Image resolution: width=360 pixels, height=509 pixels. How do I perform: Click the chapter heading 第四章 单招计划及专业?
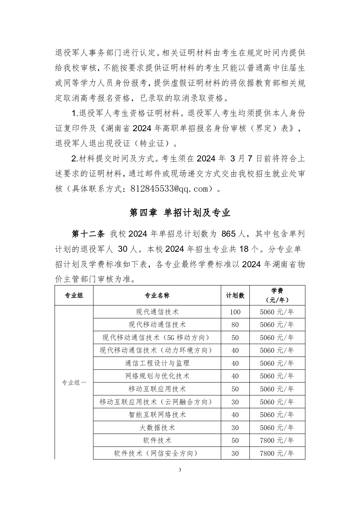pyautogui.click(x=180, y=213)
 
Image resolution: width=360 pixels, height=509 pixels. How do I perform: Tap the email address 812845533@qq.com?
pyautogui.click(x=170, y=189)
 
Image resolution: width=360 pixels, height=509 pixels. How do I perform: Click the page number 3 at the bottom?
pyautogui.click(x=180, y=478)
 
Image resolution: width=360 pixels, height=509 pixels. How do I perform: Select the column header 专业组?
pyautogui.click(x=74, y=295)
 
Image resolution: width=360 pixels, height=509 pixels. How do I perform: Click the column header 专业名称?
pyautogui.click(x=157, y=295)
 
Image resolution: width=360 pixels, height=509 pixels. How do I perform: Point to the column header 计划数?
pyautogui.click(x=235, y=295)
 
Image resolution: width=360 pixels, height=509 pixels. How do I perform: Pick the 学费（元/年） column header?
pyautogui.click(x=277, y=295)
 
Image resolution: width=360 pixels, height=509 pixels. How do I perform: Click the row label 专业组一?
pyautogui.click(x=74, y=382)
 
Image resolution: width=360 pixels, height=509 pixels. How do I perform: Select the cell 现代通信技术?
pyautogui.click(x=157, y=312)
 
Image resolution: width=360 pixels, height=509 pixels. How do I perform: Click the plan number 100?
pyautogui.click(x=235, y=312)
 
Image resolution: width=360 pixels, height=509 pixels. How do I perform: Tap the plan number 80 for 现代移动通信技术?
pyautogui.click(x=235, y=325)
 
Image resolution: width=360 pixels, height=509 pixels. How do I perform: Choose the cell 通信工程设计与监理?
pyautogui.click(x=157, y=363)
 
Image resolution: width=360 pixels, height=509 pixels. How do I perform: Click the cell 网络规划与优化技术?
pyautogui.click(x=157, y=376)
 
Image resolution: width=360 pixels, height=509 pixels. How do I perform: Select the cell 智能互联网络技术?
pyautogui.click(x=157, y=415)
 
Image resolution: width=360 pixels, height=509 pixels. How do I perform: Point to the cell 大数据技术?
pyautogui.click(x=157, y=428)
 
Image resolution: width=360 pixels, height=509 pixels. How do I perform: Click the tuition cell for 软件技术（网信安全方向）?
pyautogui.click(x=277, y=453)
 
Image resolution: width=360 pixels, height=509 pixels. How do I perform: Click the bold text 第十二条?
pyautogui.click(x=88, y=234)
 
